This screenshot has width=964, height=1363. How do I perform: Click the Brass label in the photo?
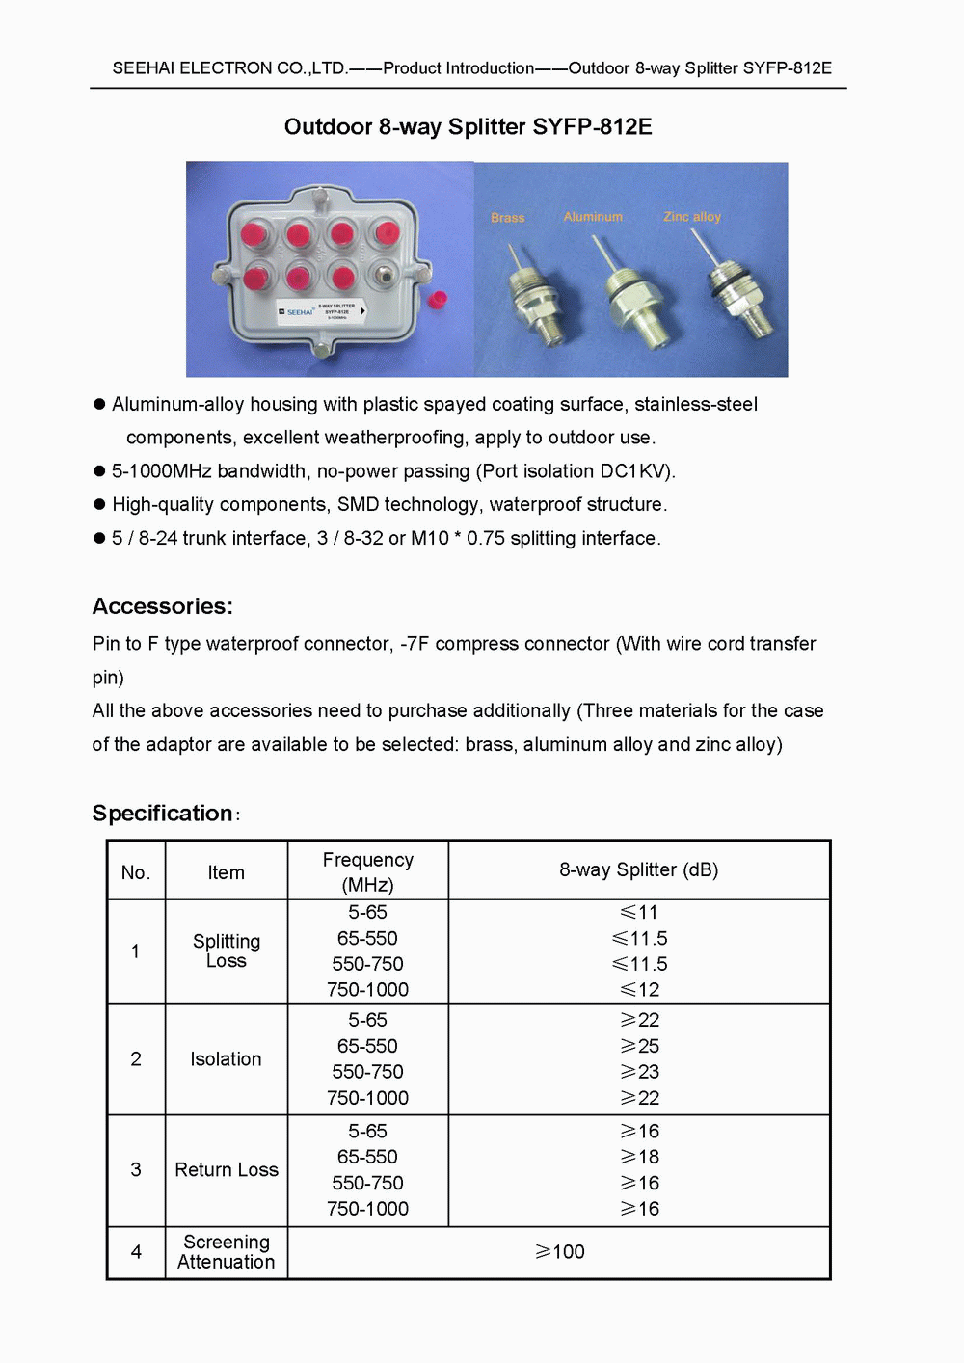[x=507, y=218]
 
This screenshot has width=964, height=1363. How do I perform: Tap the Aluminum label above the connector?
[x=593, y=217]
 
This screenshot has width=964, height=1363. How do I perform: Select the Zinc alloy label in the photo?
[x=691, y=217]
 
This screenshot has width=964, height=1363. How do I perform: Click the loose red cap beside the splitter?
[x=438, y=299]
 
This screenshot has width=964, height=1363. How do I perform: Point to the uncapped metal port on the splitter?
[x=386, y=274]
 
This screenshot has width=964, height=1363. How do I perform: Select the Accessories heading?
[x=162, y=606]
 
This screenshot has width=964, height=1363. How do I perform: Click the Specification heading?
[x=162, y=814]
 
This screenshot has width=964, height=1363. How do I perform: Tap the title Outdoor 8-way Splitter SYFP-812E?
[x=468, y=127]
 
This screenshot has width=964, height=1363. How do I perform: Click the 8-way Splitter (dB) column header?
[x=638, y=869]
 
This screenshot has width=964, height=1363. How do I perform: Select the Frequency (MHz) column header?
[x=367, y=871]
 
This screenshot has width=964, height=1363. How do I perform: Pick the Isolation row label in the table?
[x=226, y=1059]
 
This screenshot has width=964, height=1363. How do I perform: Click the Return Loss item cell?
[x=226, y=1169]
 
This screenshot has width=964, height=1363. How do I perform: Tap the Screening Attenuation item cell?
[x=226, y=1252]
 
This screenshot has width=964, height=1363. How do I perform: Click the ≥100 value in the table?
[x=560, y=1252]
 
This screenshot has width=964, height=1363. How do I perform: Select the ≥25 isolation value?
[x=640, y=1046]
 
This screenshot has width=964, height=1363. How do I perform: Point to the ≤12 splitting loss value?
[x=640, y=990]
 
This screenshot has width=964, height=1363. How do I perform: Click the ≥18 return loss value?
[x=640, y=1157]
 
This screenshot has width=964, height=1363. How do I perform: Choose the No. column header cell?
[x=136, y=872]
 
